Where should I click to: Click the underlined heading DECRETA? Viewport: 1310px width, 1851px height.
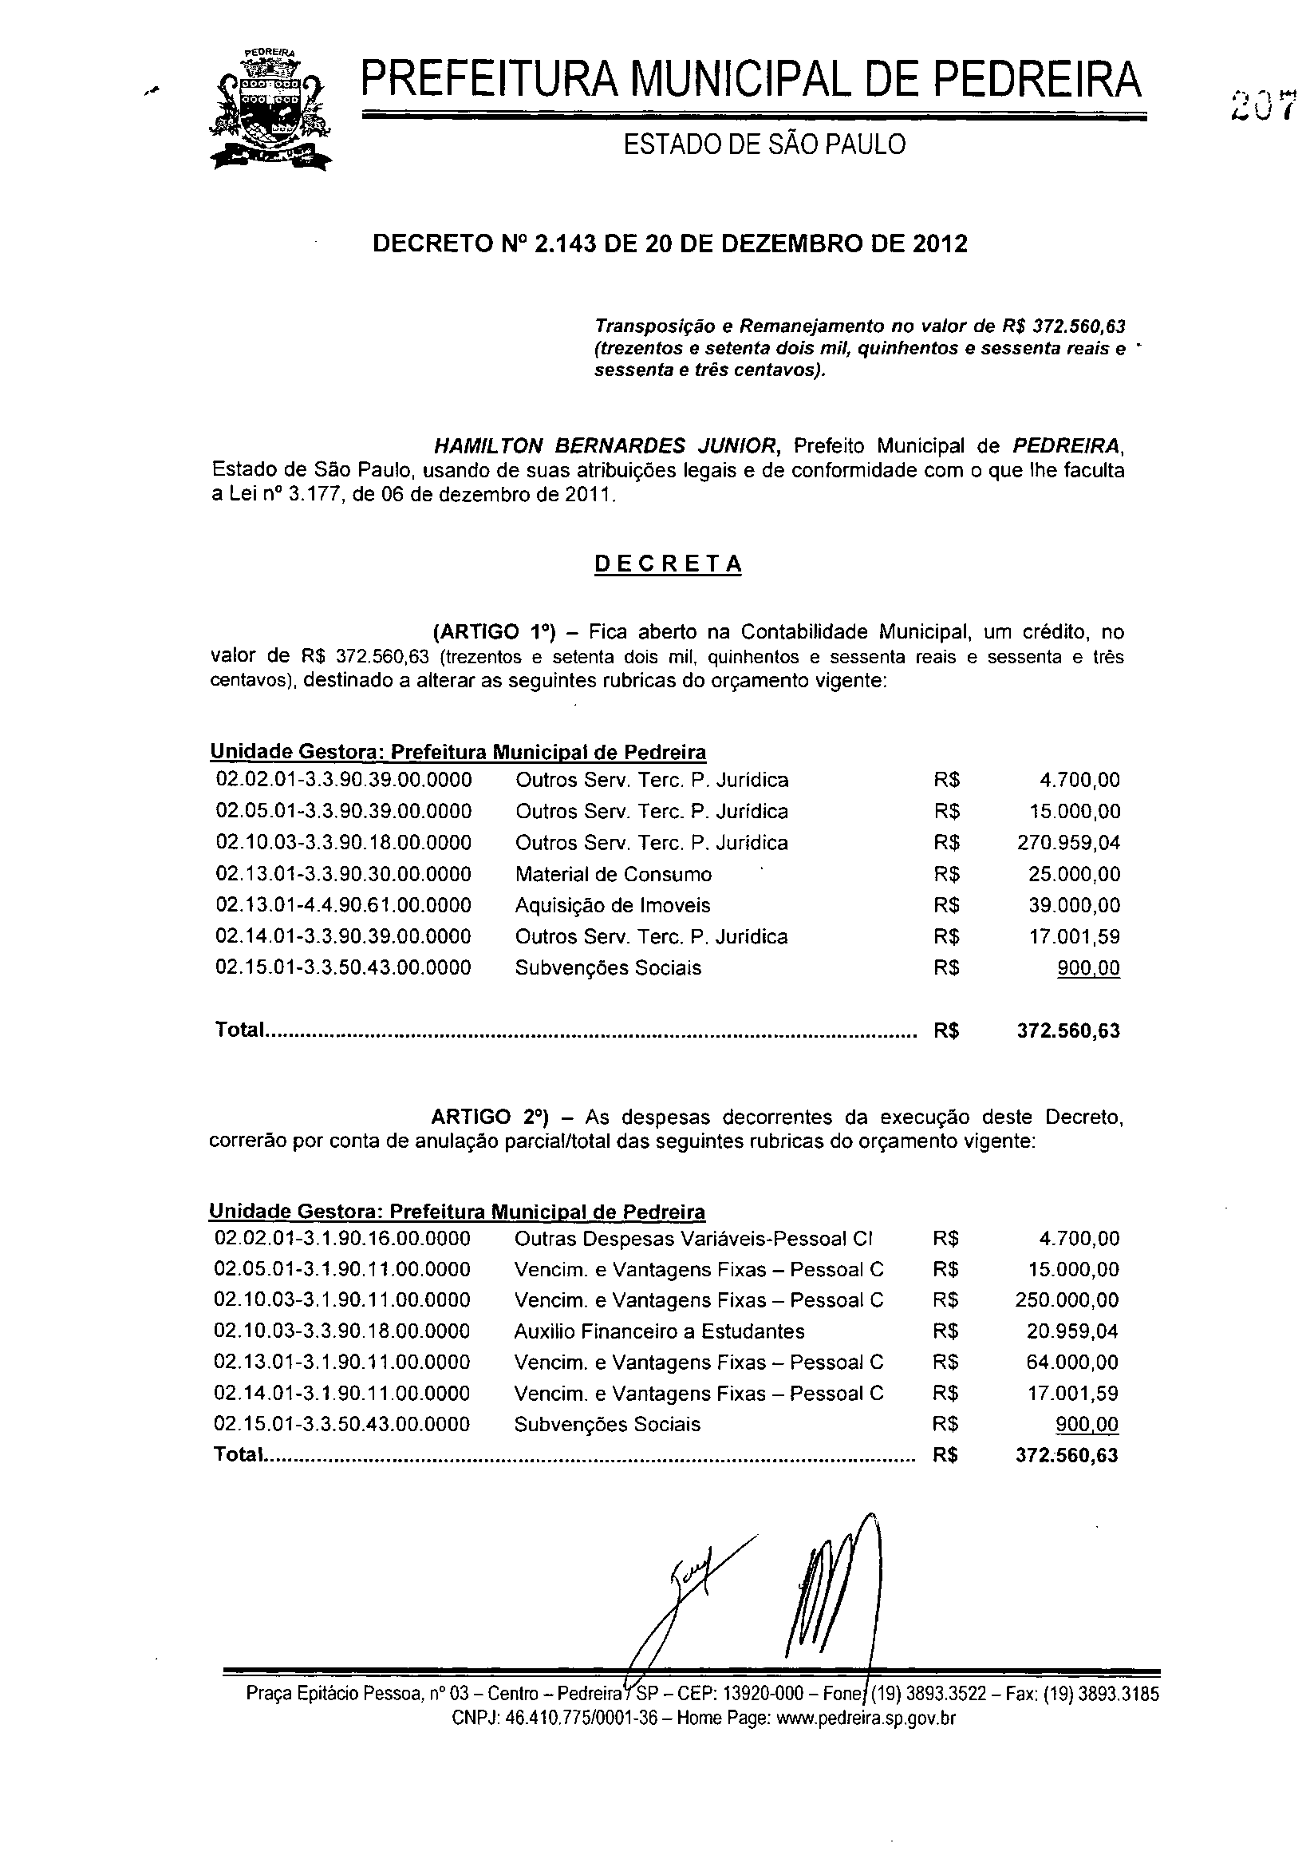point(668,564)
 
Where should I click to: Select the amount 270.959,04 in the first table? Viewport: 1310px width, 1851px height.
point(1069,842)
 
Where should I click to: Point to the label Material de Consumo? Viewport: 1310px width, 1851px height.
point(613,874)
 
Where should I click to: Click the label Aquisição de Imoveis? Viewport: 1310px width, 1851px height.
point(612,905)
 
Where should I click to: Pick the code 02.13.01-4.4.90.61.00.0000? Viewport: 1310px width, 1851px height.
point(344,905)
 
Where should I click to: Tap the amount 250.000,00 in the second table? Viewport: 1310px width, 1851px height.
point(1067,1300)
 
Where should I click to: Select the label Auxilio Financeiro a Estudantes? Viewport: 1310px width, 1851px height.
point(659,1331)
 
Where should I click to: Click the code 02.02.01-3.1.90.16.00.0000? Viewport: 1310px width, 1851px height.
point(342,1239)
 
